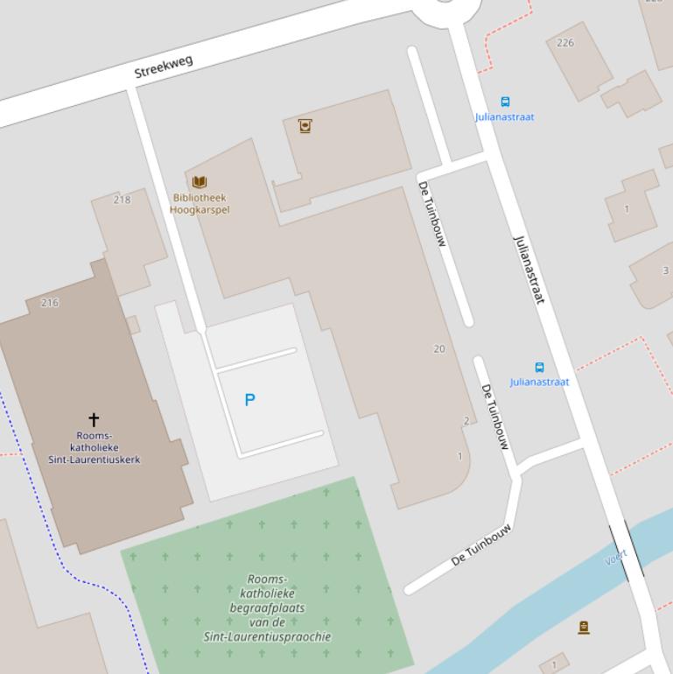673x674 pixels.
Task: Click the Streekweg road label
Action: pos(164,67)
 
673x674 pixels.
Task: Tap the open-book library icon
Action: pos(200,182)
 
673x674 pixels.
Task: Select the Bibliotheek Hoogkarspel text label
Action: pos(200,204)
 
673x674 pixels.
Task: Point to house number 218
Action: pos(122,200)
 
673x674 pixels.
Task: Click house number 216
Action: pos(50,303)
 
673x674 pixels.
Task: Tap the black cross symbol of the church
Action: pos(94,420)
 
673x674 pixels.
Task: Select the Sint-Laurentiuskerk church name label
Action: pos(94,447)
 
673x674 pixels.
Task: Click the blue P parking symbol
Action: pos(249,400)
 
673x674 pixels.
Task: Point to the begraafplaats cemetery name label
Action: pos(267,607)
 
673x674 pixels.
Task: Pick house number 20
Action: pos(439,349)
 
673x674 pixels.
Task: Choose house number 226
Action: pos(565,43)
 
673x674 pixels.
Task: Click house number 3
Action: pos(665,271)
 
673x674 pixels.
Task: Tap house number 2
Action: pos(466,421)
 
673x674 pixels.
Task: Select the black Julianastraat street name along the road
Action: pos(529,270)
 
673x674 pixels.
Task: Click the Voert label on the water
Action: pos(616,558)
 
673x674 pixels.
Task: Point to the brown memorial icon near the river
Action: pos(584,627)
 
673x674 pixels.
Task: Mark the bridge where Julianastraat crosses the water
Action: pos(627,551)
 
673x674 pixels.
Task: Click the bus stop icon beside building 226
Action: pos(505,102)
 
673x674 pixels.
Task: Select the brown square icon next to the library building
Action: pos(305,126)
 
